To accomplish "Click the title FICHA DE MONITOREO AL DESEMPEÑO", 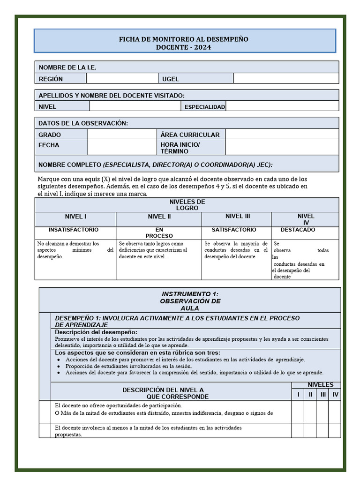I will (183, 39).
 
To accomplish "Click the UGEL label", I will (171, 79).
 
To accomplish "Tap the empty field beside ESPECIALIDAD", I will (282, 106).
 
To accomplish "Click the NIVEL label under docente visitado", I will (47, 106).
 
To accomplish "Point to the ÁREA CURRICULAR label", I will (190, 135).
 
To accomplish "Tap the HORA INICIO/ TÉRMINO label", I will (180, 148).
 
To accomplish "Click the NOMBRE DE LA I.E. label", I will (67, 67).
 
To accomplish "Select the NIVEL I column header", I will (75, 217).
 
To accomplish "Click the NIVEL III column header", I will (238, 216).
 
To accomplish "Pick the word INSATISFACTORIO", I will (74, 230).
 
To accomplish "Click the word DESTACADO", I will (298, 230).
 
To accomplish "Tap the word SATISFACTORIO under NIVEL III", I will (234, 230).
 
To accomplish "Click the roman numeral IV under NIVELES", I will (335, 395).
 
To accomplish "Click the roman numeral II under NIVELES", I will (310, 395).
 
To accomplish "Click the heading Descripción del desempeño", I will (96, 332).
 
